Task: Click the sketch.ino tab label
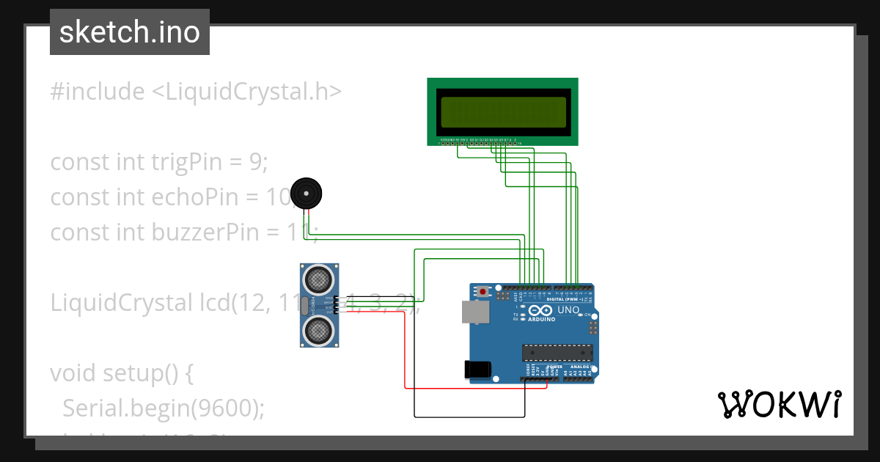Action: (x=130, y=32)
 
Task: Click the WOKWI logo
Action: (x=779, y=404)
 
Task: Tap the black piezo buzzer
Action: (x=306, y=194)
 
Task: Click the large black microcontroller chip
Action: (x=557, y=353)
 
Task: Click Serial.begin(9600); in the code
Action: (x=163, y=408)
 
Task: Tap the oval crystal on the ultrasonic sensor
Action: (x=304, y=304)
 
